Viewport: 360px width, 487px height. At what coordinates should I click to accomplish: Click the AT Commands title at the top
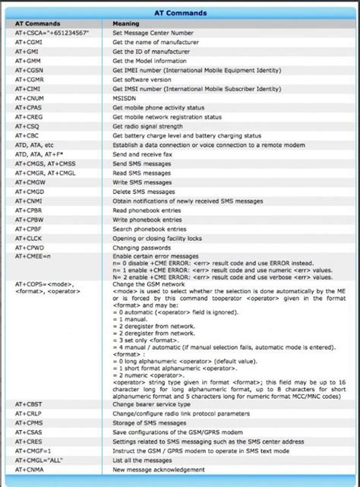(180, 12)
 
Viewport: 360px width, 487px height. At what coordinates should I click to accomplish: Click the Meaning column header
(127, 24)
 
